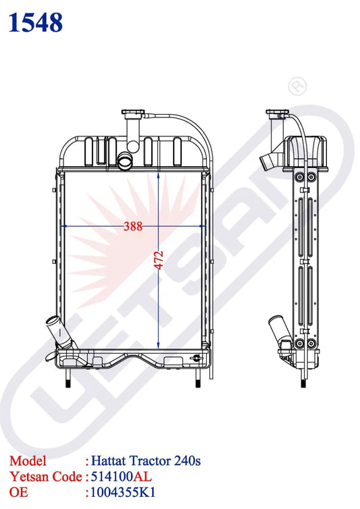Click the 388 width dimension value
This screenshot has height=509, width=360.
[133, 227]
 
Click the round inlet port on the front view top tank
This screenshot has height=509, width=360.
[125, 161]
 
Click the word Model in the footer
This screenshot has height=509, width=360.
[28, 461]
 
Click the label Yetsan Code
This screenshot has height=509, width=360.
[45, 476]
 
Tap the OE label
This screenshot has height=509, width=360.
[18, 491]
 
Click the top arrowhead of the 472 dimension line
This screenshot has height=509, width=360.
[158, 173]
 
